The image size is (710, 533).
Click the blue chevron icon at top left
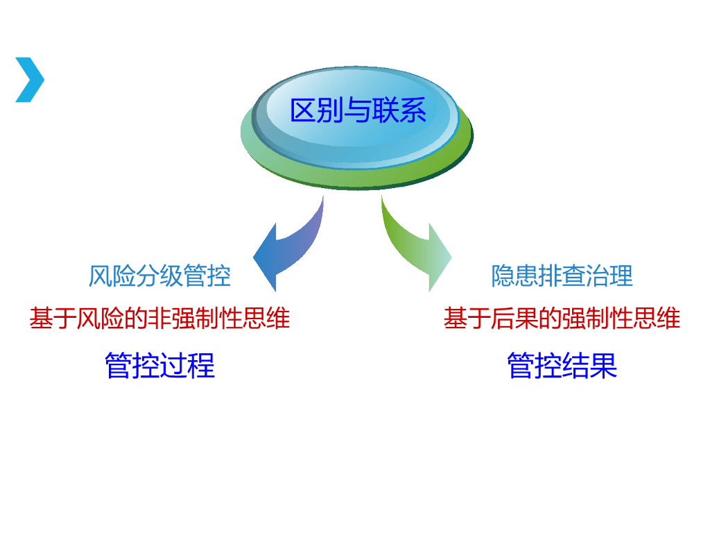tap(29, 80)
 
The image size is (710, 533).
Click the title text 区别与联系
tap(358, 111)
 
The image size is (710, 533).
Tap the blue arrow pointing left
tap(284, 246)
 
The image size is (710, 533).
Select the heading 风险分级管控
tap(159, 276)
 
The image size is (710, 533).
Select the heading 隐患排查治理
tap(562, 276)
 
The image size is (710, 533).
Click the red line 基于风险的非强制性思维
tap(159, 319)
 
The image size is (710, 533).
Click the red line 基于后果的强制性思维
tap(562, 319)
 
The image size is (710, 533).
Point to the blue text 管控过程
tap(160, 365)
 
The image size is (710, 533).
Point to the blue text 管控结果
tap(562, 365)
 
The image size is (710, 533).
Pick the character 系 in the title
tap(413, 111)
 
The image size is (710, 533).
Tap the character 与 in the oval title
tap(358, 111)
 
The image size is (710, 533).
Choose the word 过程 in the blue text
tap(188, 365)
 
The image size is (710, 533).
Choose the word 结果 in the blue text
tap(590, 365)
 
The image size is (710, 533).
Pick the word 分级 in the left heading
tap(159, 276)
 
